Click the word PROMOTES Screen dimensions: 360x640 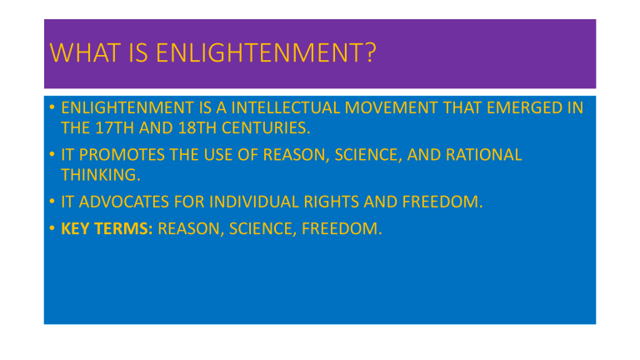pos(120,155)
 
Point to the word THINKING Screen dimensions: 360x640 pos(97,174)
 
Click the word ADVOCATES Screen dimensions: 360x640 pos(125,202)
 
